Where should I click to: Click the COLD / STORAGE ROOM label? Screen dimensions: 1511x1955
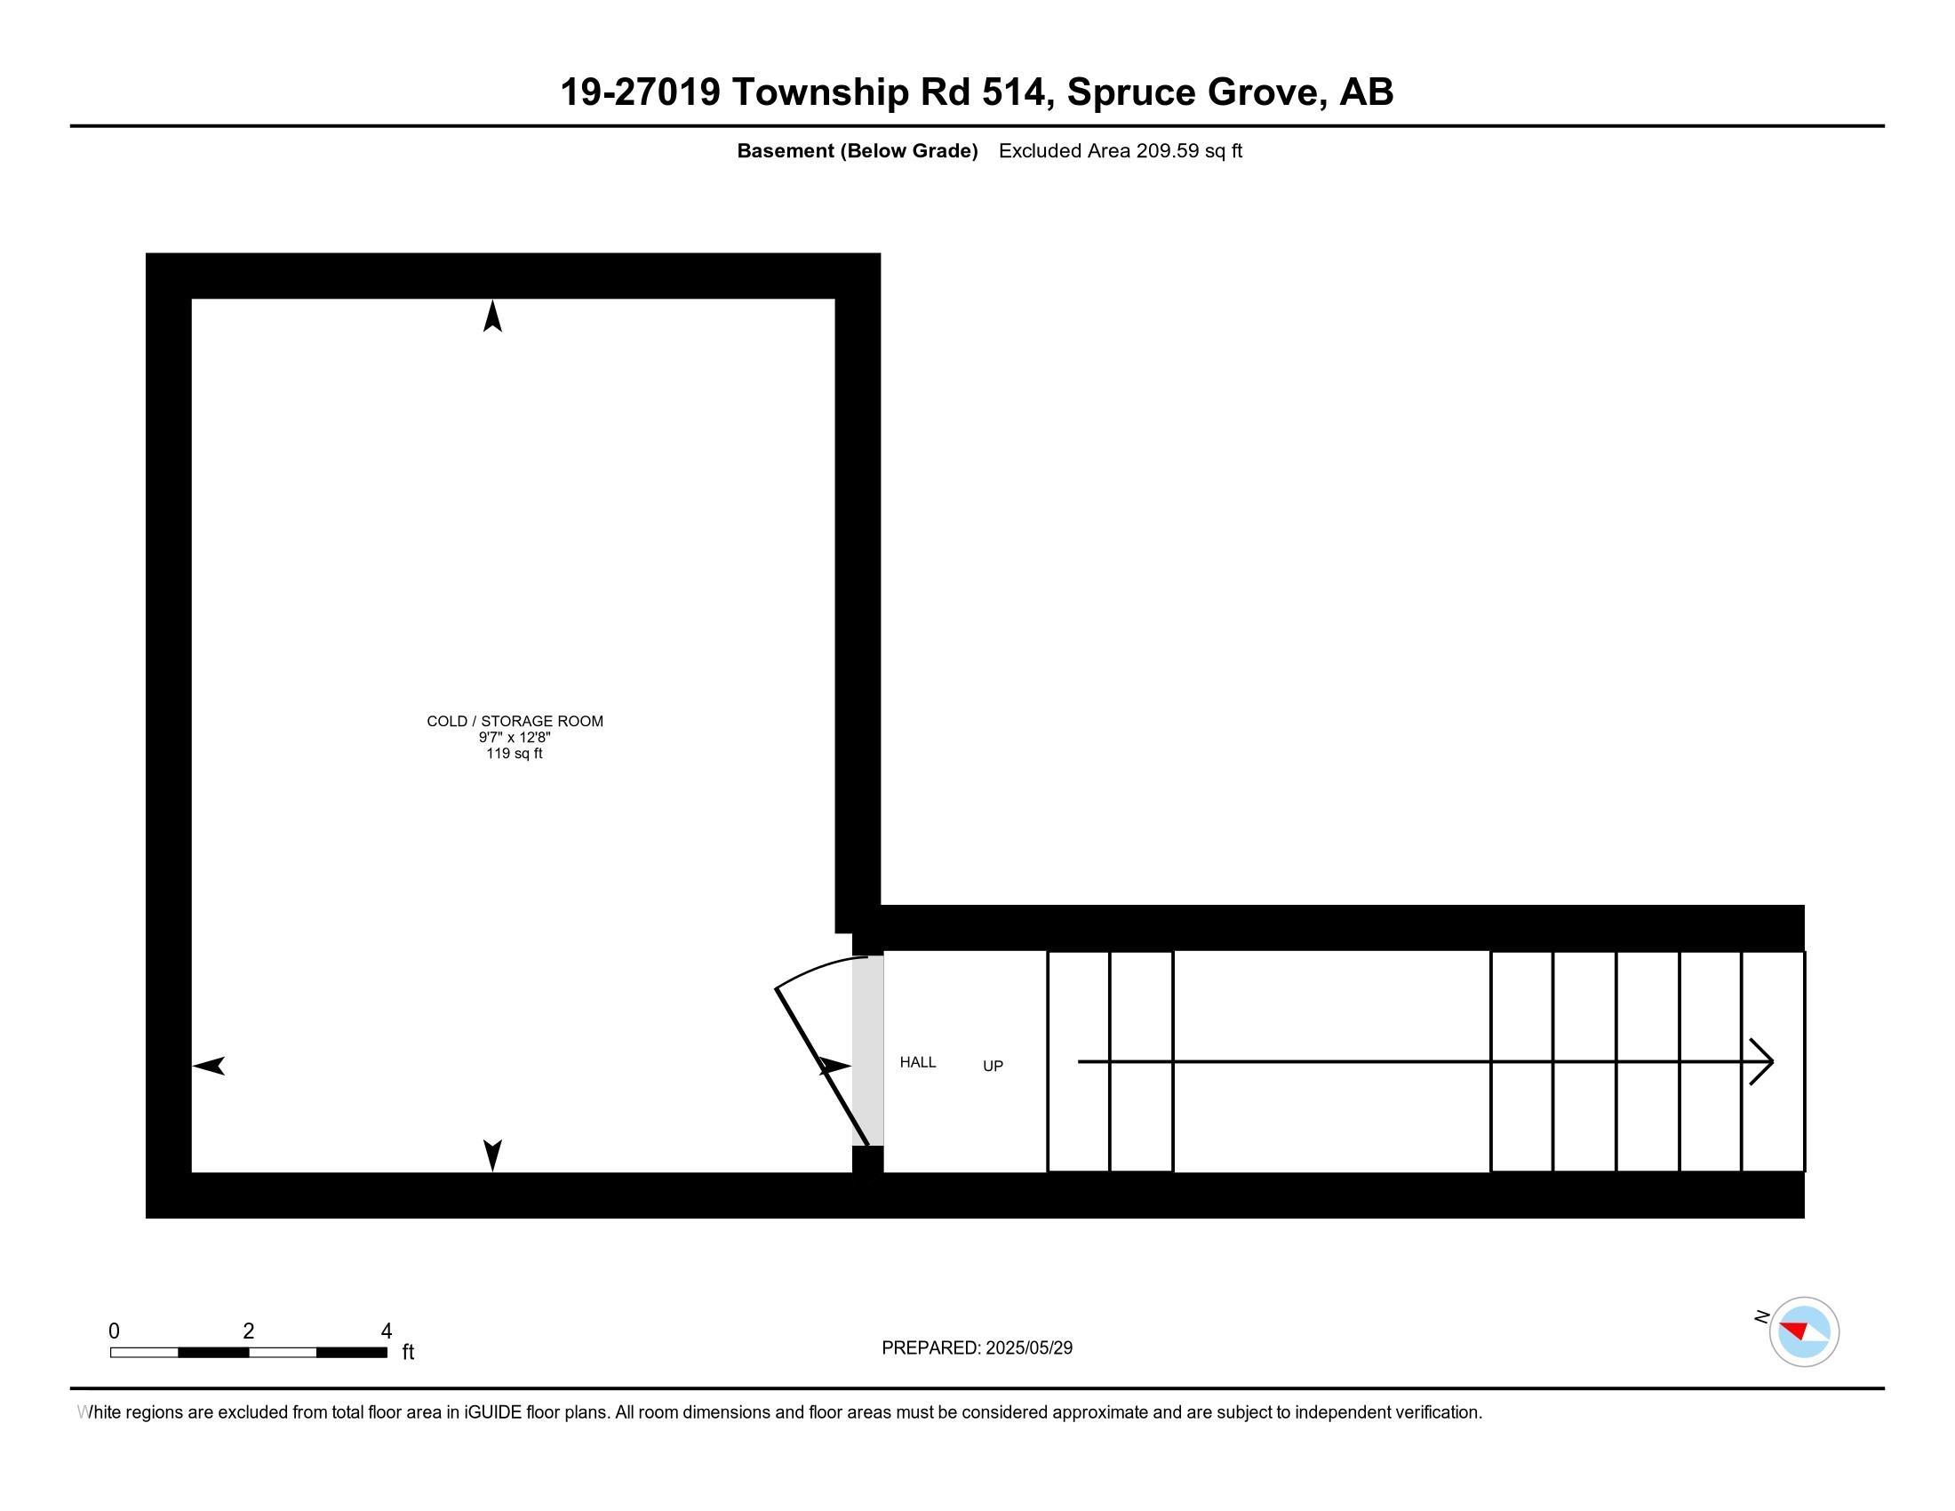click(x=515, y=721)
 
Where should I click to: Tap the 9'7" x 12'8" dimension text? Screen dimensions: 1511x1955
click(x=515, y=738)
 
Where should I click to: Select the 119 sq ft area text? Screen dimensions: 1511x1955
click(x=515, y=754)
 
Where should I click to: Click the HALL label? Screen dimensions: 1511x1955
click(x=918, y=1062)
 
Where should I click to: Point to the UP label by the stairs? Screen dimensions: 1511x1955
click(x=993, y=1066)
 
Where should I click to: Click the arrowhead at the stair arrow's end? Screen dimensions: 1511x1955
click(x=1761, y=1062)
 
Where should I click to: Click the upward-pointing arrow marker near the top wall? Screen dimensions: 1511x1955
click(x=492, y=317)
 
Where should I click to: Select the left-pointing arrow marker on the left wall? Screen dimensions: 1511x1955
click(x=209, y=1066)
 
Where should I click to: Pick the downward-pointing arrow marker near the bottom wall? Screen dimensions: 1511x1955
click(x=492, y=1155)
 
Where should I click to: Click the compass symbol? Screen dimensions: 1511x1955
click(x=1804, y=1332)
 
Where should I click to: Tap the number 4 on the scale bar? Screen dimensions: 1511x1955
click(x=387, y=1331)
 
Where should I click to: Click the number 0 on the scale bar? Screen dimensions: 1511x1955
click(x=114, y=1331)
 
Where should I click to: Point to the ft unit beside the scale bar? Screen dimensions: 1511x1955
click(x=408, y=1352)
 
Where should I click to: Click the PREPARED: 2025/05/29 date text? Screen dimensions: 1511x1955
click(x=977, y=1348)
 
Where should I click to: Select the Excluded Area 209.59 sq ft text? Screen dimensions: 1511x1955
click(x=1120, y=151)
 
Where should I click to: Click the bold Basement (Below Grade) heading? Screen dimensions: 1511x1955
click(x=857, y=151)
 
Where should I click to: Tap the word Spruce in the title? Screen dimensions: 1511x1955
click(x=1130, y=92)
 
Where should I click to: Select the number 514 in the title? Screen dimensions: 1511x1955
click(x=1013, y=92)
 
